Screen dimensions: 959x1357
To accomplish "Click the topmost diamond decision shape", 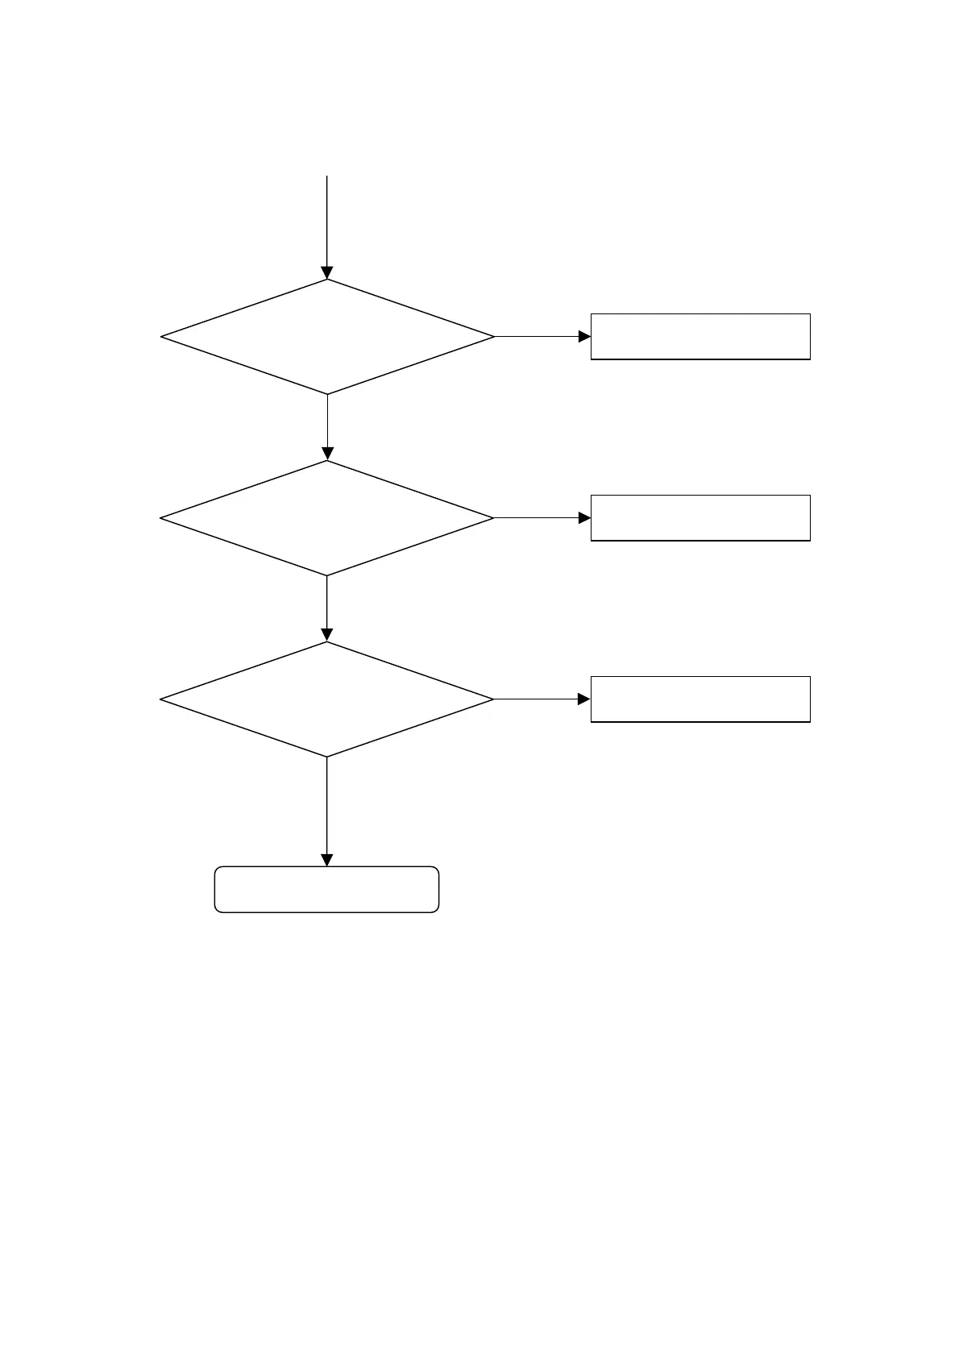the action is [327, 337].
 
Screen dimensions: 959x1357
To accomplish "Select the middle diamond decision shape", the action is [327, 518].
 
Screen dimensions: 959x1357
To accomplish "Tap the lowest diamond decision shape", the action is [327, 699].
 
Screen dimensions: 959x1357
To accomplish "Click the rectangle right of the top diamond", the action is [700, 336].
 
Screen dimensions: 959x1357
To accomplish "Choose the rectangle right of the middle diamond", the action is [700, 517].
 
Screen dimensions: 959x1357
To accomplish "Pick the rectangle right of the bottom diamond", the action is [700, 699].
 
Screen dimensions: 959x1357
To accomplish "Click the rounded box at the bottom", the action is [326, 890].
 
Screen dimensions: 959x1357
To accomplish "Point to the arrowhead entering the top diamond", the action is [327, 273].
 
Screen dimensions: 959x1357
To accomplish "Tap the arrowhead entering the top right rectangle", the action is [585, 337].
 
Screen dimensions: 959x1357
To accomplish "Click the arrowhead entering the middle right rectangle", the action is [585, 518].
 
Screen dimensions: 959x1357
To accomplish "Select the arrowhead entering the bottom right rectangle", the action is [585, 699].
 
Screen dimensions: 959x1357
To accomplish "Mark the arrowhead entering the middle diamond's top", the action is [327, 454].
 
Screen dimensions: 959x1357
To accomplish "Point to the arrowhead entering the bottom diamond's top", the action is [327, 635].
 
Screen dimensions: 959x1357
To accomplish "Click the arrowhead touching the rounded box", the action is [327, 861].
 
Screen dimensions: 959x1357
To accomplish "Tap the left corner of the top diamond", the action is [163, 337].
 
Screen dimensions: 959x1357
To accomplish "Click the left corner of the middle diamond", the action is [162, 518].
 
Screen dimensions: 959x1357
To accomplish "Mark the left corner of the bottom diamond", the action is [162, 699].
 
